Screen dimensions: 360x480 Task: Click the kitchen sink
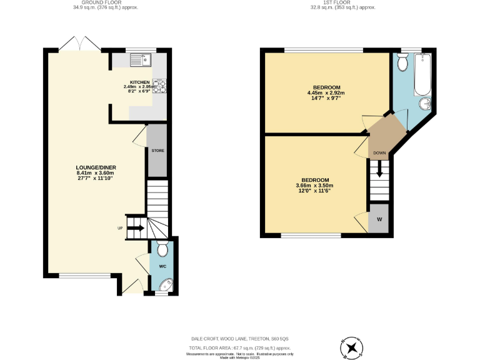click(x=138, y=60)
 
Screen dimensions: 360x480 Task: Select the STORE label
click(x=157, y=151)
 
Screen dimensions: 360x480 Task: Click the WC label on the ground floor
click(x=162, y=266)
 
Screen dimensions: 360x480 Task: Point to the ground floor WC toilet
click(x=162, y=250)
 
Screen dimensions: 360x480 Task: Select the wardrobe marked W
click(x=379, y=220)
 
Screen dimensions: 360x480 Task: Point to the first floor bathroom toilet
click(x=402, y=62)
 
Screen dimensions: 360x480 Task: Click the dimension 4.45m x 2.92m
click(x=326, y=93)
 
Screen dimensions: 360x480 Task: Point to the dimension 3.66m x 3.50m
click(x=314, y=185)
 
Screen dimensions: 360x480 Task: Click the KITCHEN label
click(x=139, y=82)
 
